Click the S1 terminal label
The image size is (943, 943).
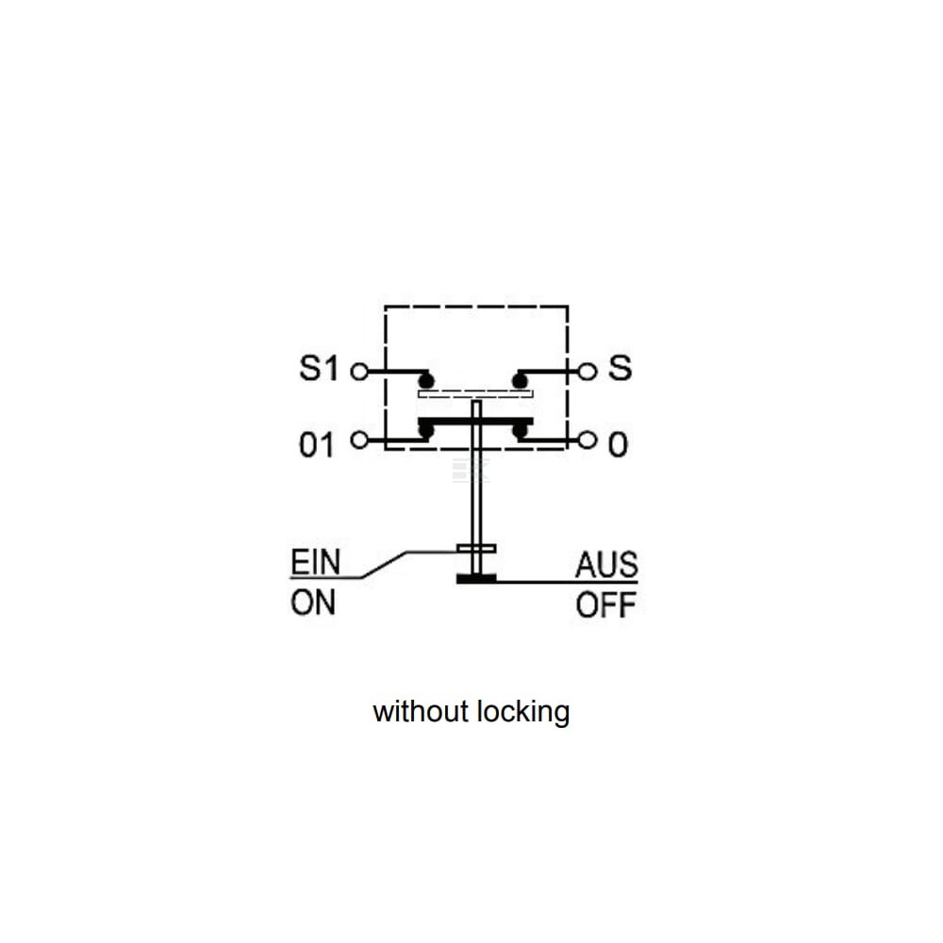(319, 368)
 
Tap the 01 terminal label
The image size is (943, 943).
(316, 446)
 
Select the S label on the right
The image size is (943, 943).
(620, 368)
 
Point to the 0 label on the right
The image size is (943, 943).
(618, 446)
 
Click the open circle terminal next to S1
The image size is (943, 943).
(359, 372)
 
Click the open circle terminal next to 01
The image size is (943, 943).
(359, 440)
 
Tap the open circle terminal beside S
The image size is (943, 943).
(587, 372)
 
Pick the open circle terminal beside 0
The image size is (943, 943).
(587, 440)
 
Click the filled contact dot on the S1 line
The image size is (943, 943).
(426, 381)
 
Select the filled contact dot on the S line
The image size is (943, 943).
(520, 381)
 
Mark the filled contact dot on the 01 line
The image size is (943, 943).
(426, 431)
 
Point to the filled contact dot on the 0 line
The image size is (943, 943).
(520, 431)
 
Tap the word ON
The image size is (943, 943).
(313, 602)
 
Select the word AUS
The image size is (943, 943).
(606, 565)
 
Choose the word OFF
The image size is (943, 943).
(606, 605)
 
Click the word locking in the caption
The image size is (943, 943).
(523, 712)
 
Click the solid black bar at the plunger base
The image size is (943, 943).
(476, 579)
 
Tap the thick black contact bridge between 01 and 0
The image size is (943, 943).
(475, 421)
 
